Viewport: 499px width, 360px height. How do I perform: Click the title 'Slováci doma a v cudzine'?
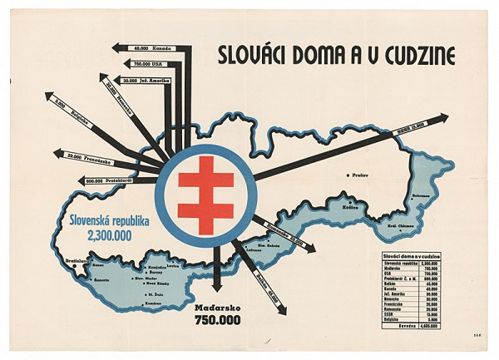(336, 55)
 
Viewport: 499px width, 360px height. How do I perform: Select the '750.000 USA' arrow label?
(151, 64)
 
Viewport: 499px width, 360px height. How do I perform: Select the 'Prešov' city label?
(361, 176)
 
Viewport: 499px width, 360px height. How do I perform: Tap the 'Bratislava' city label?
(77, 261)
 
